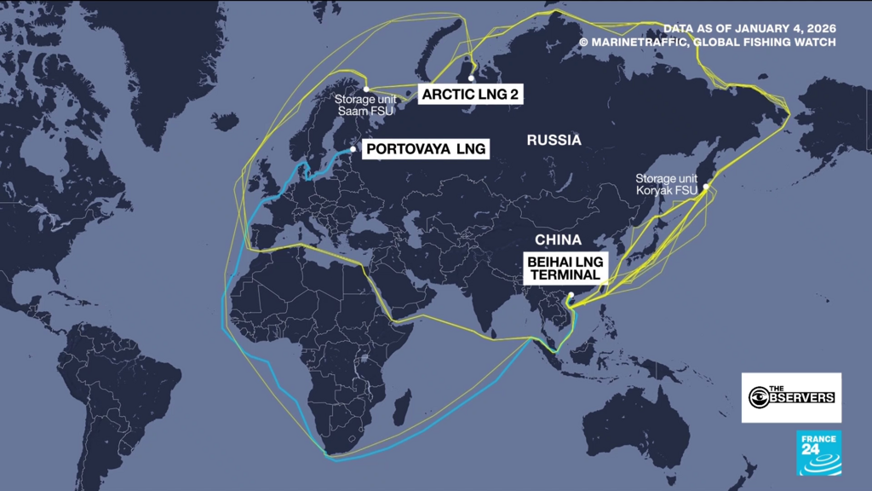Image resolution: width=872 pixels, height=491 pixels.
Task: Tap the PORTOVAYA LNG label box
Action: click(x=426, y=150)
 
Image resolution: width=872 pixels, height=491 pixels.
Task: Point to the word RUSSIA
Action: click(x=554, y=141)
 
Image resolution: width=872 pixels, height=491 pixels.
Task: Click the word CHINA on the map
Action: click(x=558, y=240)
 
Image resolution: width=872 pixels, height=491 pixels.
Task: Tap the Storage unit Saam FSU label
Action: click(x=367, y=103)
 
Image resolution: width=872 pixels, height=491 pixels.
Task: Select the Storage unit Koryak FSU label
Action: click(x=667, y=185)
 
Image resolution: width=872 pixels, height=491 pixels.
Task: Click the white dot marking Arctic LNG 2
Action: click(x=471, y=78)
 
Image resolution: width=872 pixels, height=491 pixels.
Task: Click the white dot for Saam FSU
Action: click(x=366, y=89)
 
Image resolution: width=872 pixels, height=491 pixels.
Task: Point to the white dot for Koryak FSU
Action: click(x=705, y=186)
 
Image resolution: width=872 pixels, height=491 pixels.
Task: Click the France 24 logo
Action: click(x=818, y=453)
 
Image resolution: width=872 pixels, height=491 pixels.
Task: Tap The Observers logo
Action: click(x=791, y=397)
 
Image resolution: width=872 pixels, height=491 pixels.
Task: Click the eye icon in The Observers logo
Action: click(x=758, y=397)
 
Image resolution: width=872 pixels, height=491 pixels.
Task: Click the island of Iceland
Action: click(x=226, y=121)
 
